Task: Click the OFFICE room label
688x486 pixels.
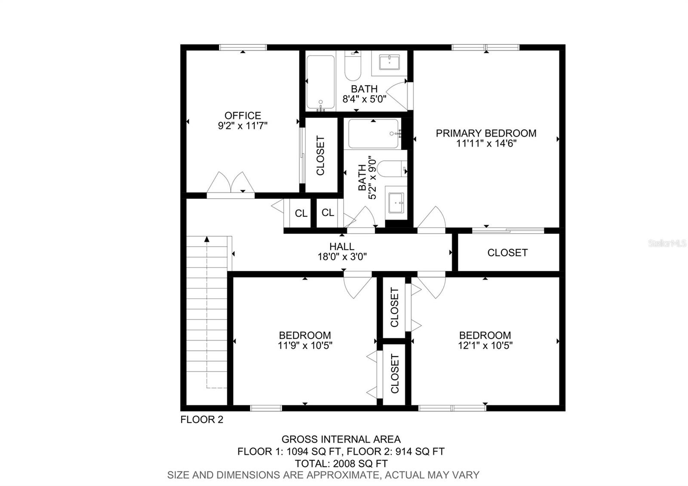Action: click(243, 116)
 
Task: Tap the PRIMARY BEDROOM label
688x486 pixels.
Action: click(486, 133)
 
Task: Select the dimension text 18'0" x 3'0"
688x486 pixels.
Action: click(342, 257)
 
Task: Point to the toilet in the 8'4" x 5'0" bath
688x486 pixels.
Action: click(353, 67)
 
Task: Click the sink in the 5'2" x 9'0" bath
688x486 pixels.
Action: click(396, 202)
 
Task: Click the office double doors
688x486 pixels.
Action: click(231, 184)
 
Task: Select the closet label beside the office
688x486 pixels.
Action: click(320, 155)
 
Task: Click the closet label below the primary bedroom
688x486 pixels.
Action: click(507, 252)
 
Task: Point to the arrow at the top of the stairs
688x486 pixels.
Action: click(207, 239)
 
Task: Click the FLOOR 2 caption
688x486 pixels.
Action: click(202, 419)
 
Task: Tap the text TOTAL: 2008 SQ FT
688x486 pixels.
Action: click(341, 464)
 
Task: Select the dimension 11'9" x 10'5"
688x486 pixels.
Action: click(305, 345)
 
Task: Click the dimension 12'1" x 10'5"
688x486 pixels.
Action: click(485, 345)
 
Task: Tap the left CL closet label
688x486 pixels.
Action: click(301, 213)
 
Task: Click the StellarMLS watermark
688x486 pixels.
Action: click(667, 243)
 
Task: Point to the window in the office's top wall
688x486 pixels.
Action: click(243, 47)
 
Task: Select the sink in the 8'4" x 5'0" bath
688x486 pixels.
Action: click(389, 62)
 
